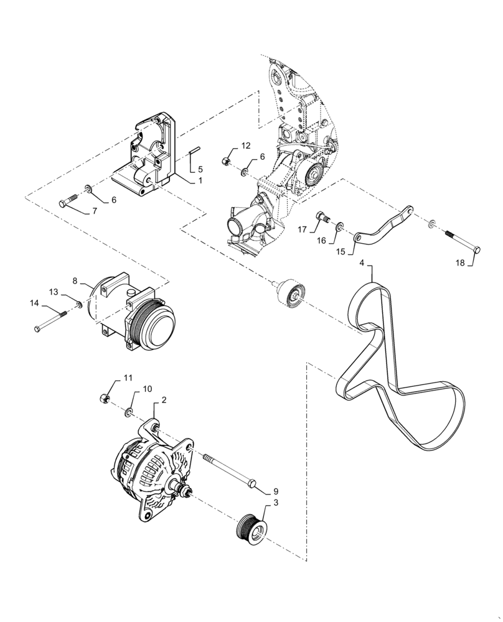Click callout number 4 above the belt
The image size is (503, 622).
pos(362,263)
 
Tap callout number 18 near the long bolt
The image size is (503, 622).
pos(459,263)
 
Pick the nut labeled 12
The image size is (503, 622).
pos(227,162)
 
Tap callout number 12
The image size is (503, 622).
pos(245,146)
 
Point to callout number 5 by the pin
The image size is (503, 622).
pos(200,169)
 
